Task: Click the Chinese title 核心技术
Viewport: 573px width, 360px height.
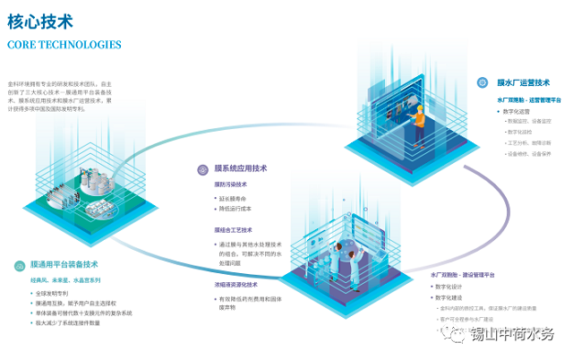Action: tap(40, 19)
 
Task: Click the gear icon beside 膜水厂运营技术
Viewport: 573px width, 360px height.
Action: tap(489, 83)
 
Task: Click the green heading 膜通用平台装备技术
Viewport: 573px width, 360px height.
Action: tap(64, 264)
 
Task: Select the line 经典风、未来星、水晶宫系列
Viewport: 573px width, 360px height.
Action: tap(67, 279)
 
